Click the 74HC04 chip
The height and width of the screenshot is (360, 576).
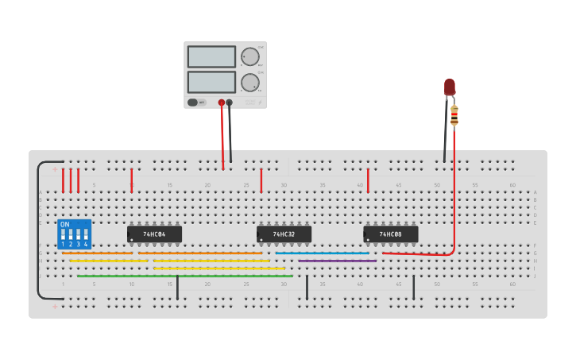(154, 234)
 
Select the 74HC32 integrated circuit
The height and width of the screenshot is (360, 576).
(284, 234)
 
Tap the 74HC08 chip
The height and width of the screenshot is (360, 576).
(390, 234)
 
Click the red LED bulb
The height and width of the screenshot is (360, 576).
(450, 86)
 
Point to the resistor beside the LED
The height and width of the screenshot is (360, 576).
(454, 115)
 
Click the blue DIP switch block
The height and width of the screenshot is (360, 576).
(74, 234)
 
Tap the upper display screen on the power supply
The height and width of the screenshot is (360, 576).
(211, 56)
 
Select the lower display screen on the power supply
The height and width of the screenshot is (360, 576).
(211, 82)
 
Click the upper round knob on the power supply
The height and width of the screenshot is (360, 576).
(250, 56)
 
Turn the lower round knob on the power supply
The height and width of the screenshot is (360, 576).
(250, 82)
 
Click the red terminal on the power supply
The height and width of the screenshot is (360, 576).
(222, 103)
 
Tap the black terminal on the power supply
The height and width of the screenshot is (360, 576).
(230, 103)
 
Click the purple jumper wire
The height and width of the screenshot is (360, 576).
(337, 261)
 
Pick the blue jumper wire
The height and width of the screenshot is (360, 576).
(322, 254)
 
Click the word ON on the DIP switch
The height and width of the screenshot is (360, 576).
(65, 225)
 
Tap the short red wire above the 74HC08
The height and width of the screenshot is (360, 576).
(368, 180)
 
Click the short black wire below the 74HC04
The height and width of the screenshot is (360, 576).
(177, 287)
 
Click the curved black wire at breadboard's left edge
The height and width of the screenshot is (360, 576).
(37, 230)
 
